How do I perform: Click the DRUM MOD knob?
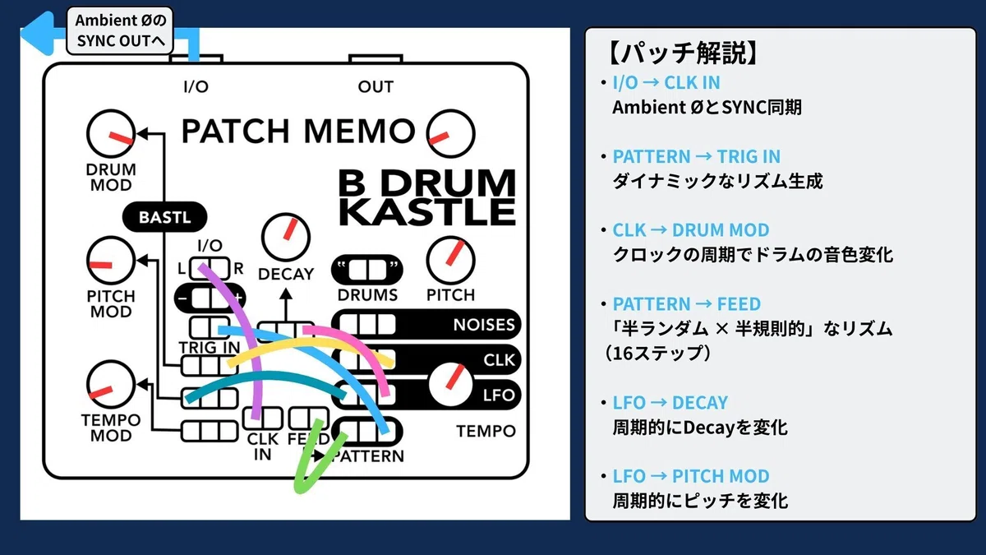[111, 133]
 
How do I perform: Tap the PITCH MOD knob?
[111, 261]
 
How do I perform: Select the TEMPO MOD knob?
[111, 384]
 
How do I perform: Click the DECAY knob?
[286, 238]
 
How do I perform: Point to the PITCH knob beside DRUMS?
[451, 261]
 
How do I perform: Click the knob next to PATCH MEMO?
[451, 133]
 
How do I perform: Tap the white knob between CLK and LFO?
[451, 384]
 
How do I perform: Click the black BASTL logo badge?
[164, 217]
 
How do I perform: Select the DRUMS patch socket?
[367, 270]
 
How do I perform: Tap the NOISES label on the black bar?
[484, 325]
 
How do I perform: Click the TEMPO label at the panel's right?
[486, 431]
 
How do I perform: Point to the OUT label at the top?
[376, 87]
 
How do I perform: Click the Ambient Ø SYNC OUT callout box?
[120, 30]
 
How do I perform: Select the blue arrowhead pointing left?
[38, 34]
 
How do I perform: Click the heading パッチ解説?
[682, 53]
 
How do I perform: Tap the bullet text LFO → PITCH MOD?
[691, 476]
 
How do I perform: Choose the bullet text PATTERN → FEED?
[687, 304]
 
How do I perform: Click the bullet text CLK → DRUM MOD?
[691, 230]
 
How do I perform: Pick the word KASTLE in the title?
[427, 212]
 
